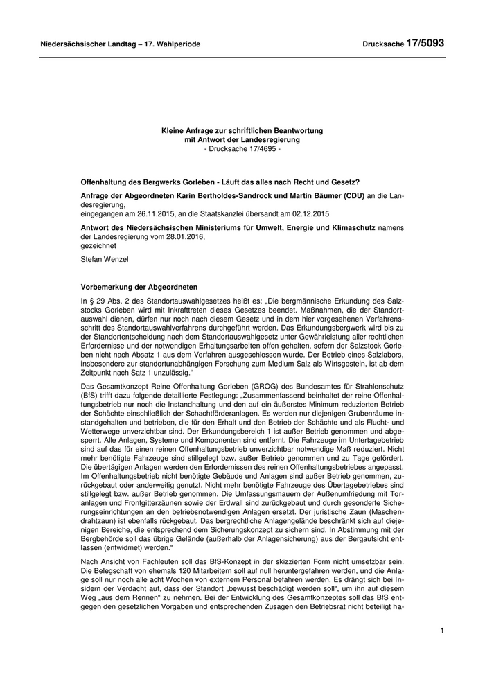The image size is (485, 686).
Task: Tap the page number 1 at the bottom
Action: [x=441, y=631]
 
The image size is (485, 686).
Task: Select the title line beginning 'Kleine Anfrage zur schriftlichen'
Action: [x=242, y=130]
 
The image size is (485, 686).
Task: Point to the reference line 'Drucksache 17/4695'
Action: [x=242, y=149]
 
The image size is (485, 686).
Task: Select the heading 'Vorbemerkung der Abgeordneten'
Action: [x=139, y=287]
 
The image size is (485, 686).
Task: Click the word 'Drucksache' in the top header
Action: [x=383, y=44]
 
